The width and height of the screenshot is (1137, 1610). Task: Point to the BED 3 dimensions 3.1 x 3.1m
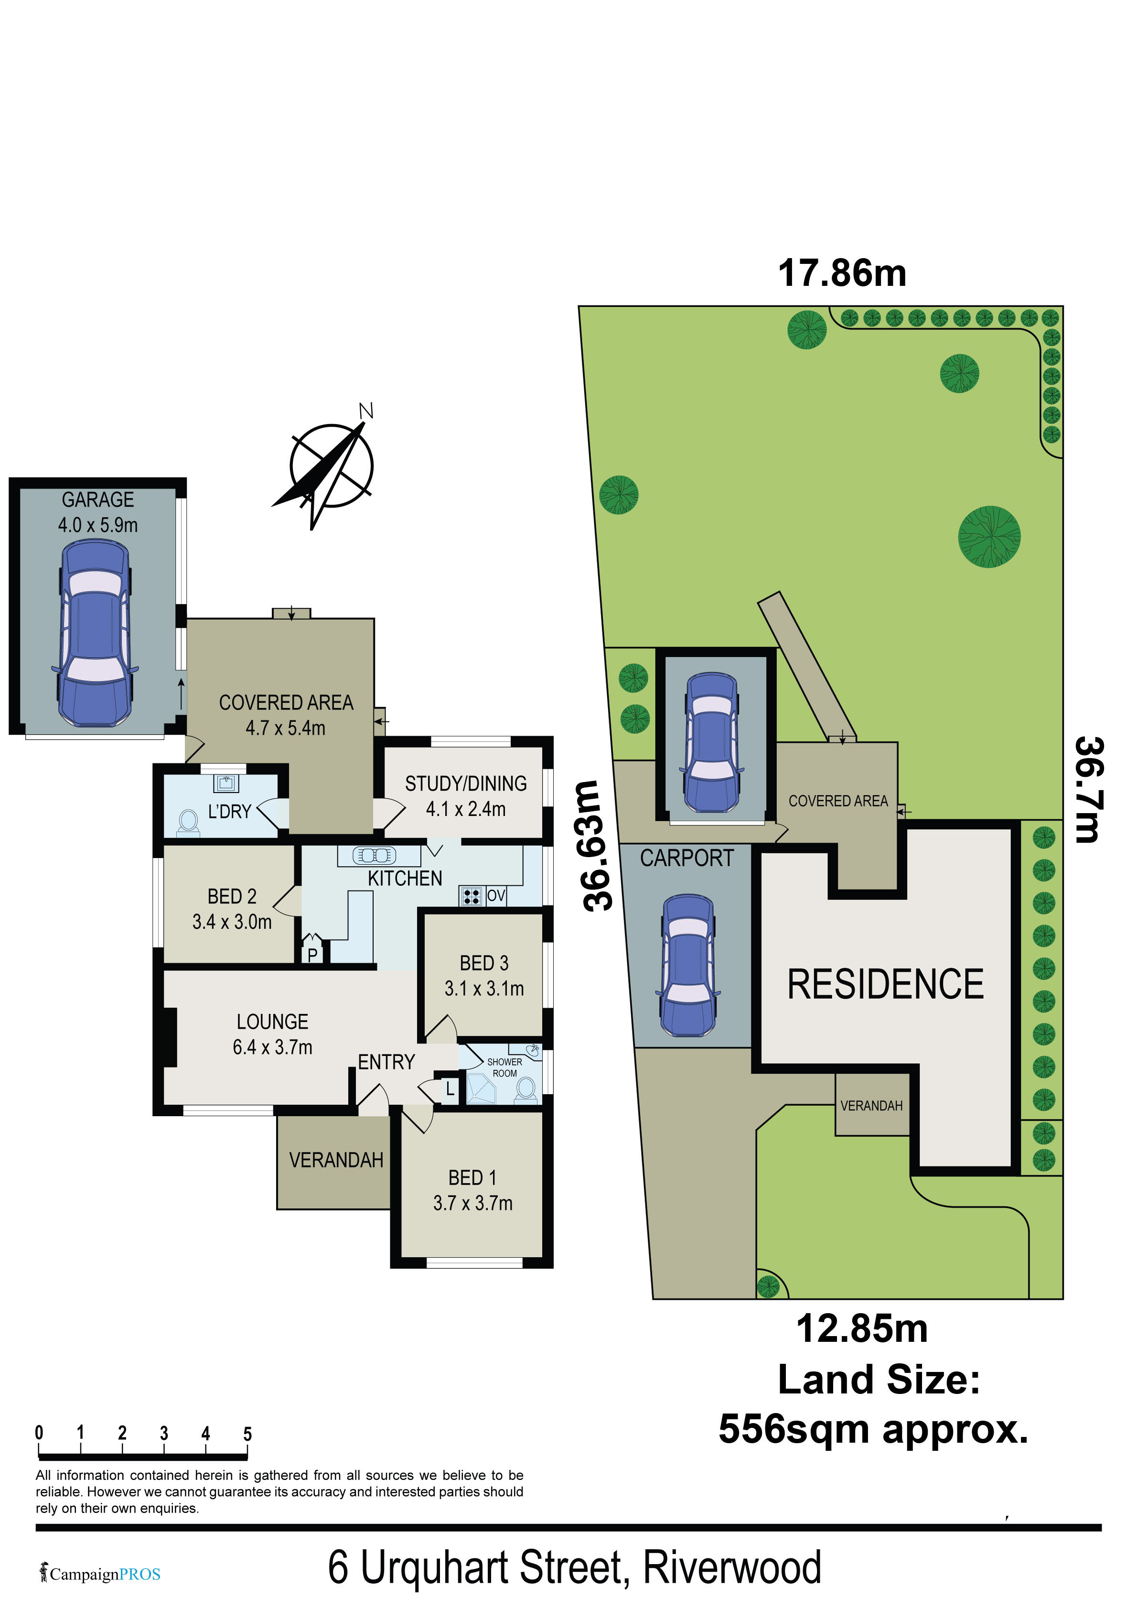pyautogui.click(x=483, y=989)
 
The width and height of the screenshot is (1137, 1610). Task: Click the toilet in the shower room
pyautogui.click(x=526, y=1089)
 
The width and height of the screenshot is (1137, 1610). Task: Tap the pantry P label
pyautogui.click(x=312, y=954)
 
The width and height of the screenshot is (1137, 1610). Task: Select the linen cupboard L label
pyautogui.click(x=450, y=1089)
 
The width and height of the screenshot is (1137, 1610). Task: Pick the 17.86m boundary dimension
pyautogui.click(x=842, y=273)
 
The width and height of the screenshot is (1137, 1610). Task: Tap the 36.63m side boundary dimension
pyautogui.click(x=600, y=846)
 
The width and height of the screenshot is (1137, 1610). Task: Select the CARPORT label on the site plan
pyautogui.click(x=686, y=858)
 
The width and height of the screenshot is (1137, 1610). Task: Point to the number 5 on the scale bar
pyautogui.click(x=247, y=1434)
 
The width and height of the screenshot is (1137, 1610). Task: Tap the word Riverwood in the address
pyautogui.click(x=732, y=1568)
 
